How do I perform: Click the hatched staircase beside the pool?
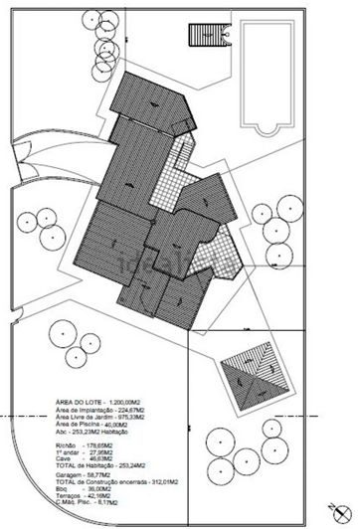[x=202, y=35]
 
